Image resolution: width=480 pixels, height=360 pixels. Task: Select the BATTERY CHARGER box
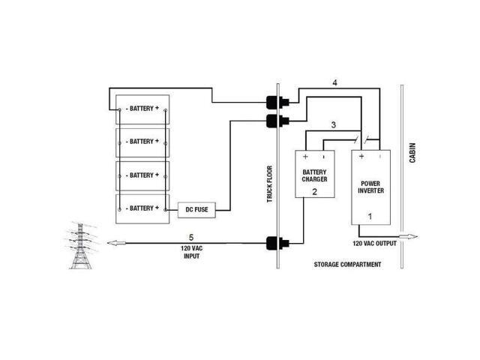point(314,173)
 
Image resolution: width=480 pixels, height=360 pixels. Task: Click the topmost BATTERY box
point(142,109)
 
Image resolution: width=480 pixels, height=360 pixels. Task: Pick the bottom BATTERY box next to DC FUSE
point(142,208)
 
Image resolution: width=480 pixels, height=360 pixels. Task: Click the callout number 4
point(335,83)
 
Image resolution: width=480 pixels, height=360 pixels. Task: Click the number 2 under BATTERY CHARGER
point(315,192)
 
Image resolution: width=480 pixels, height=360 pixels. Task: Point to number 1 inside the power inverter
point(369,215)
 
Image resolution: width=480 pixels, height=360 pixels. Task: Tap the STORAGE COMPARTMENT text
point(347,265)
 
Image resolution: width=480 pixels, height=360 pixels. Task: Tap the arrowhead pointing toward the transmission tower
point(112,242)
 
